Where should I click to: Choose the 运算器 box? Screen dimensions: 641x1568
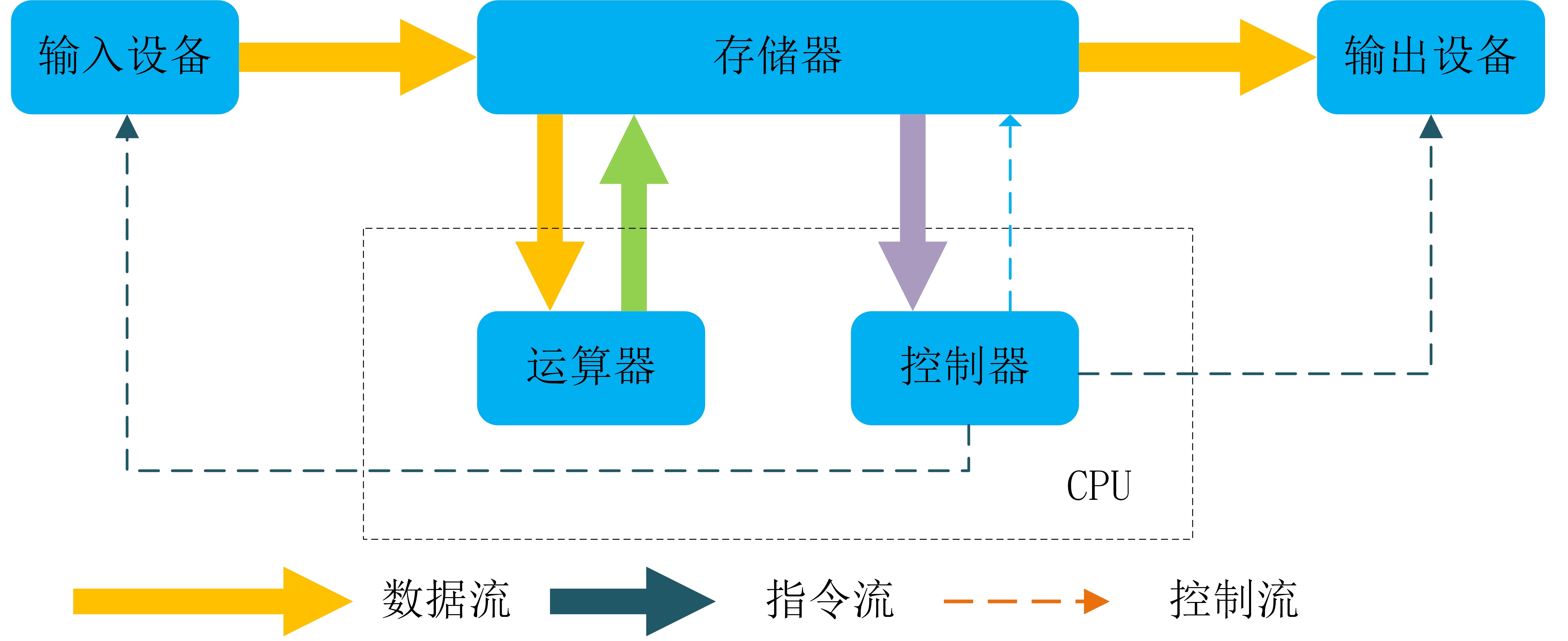pos(591,368)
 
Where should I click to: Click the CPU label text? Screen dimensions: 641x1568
pos(1099,486)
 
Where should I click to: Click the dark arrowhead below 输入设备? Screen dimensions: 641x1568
pos(127,128)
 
